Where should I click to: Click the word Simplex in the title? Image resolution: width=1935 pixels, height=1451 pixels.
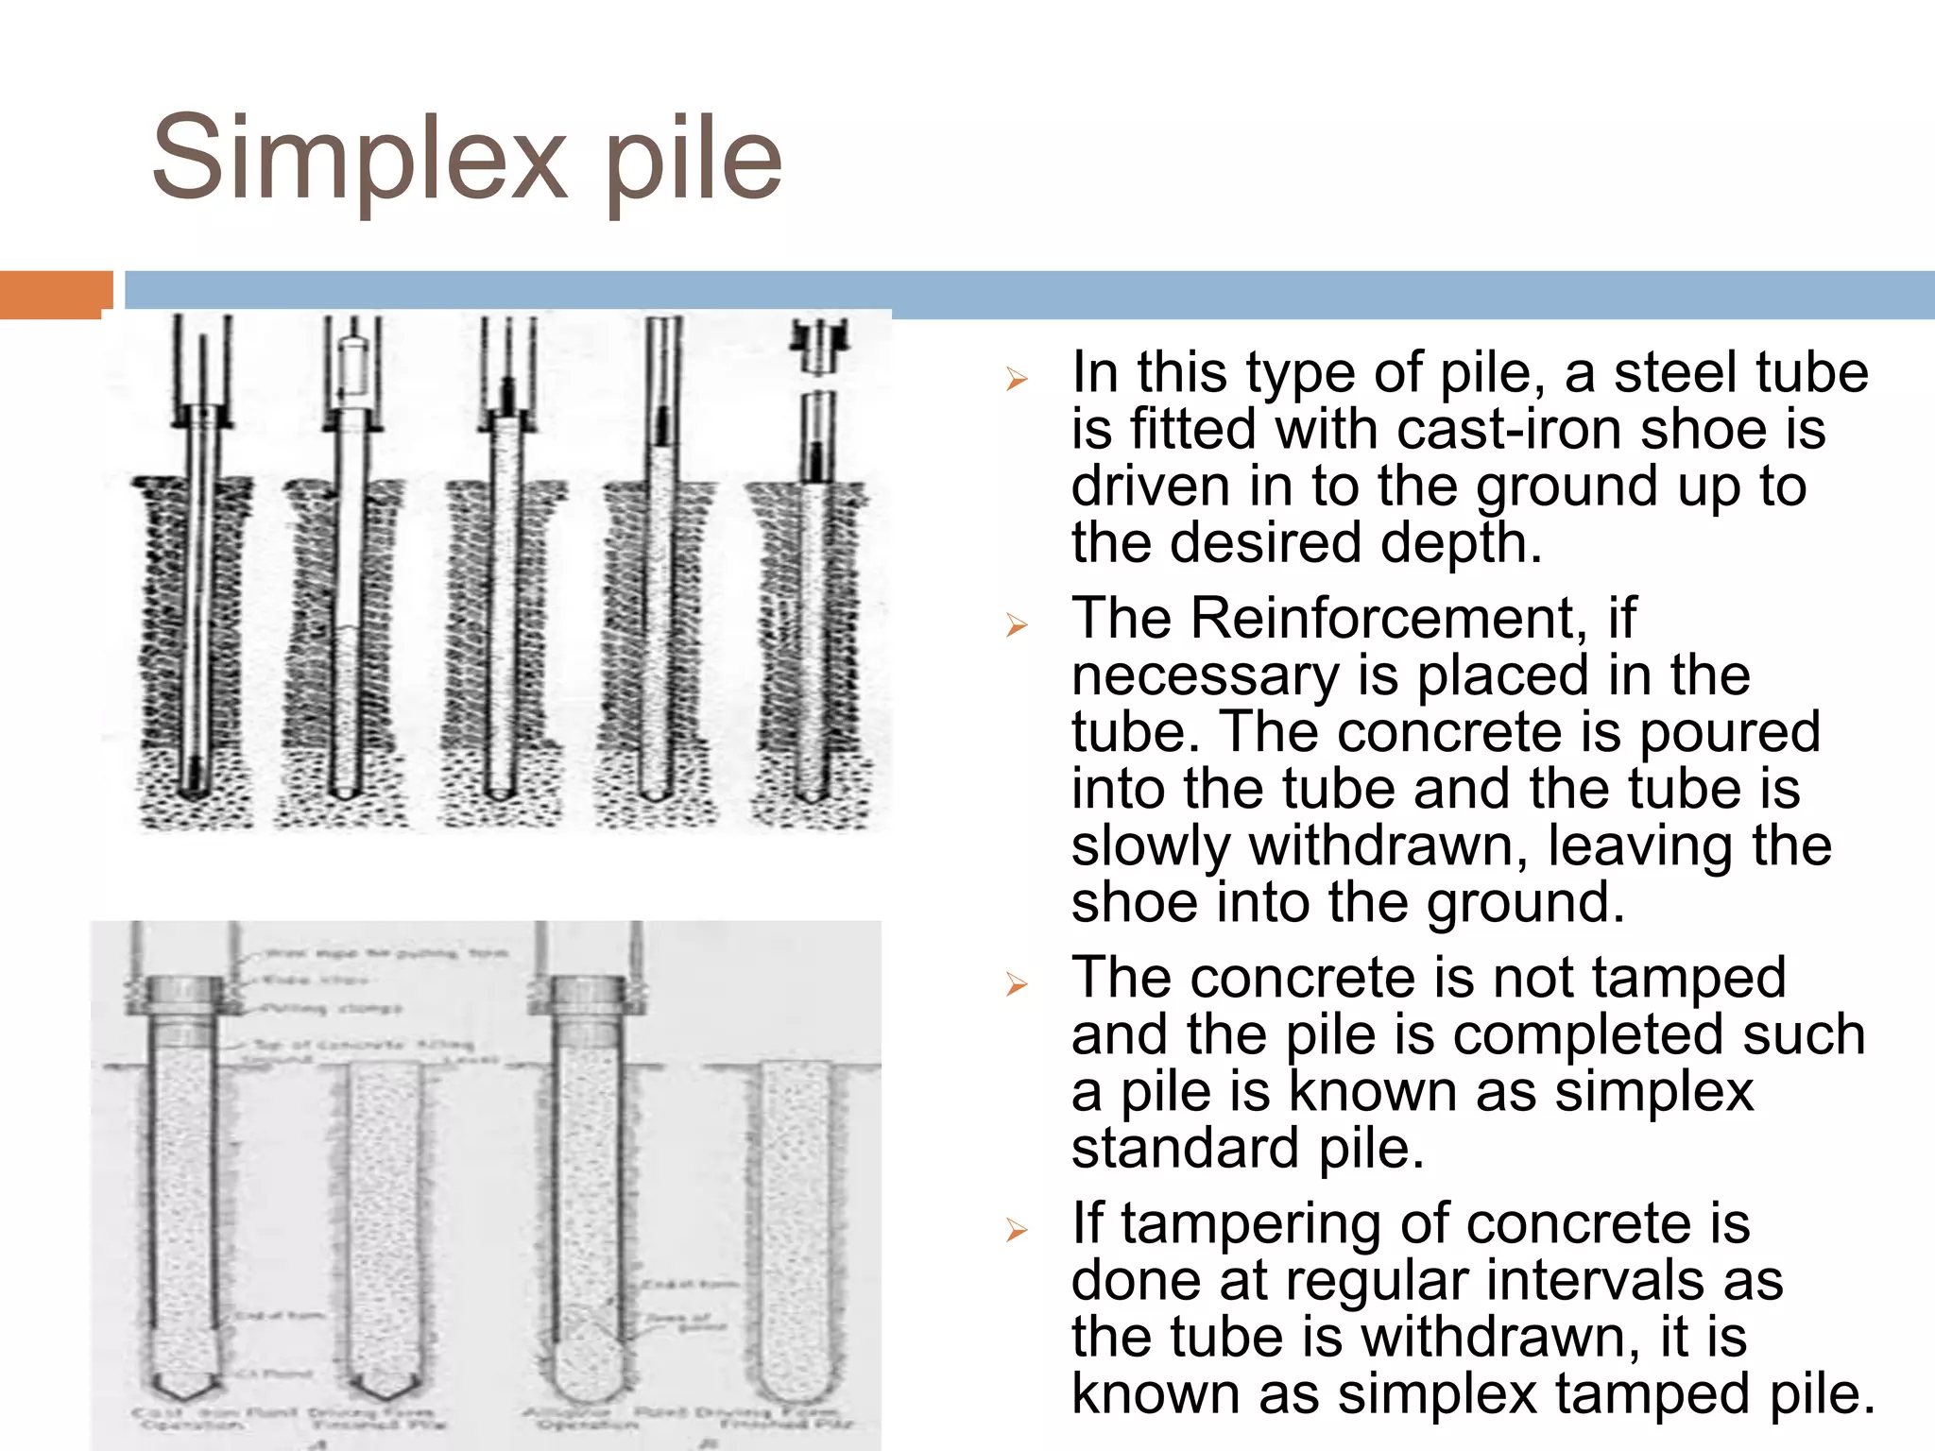[x=359, y=159]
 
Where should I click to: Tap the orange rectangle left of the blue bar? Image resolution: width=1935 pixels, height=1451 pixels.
[x=55, y=294]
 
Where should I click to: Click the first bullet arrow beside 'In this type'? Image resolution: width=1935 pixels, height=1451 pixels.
[x=1017, y=380]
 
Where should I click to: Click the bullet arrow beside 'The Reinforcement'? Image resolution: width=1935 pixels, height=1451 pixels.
[x=1017, y=624]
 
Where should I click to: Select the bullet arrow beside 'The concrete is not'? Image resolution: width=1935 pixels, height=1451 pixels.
[x=1017, y=984]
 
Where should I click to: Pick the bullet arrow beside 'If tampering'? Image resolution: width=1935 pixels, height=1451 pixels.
[x=1017, y=1230]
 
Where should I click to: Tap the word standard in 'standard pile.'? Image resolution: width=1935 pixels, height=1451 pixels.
[x=1186, y=1149]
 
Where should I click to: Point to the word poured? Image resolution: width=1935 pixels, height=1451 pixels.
[x=1729, y=732]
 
